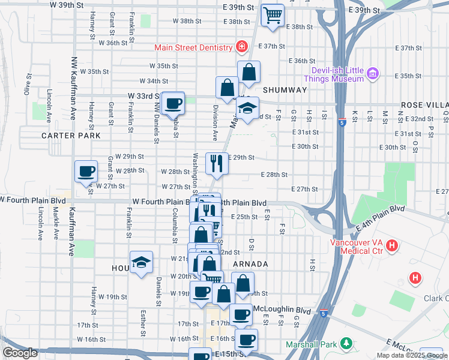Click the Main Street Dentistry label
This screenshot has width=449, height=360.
[x=193, y=47]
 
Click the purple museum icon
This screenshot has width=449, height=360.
[x=373, y=74]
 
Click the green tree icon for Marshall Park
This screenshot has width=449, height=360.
[x=346, y=343]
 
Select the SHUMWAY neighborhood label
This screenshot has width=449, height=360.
[x=284, y=90]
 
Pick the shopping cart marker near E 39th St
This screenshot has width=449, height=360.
[x=273, y=14]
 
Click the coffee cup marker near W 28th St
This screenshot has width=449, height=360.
[x=85, y=172]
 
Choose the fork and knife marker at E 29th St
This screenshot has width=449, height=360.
[x=216, y=163]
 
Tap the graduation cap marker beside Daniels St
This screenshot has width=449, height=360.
[x=141, y=262]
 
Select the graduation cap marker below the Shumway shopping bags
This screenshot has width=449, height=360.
[x=247, y=109]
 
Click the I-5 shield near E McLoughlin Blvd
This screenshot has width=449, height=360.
[x=324, y=313]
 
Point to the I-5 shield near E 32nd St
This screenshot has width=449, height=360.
[x=341, y=122]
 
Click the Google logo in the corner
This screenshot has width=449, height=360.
[x=20, y=353]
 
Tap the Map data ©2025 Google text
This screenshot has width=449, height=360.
[x=411, y=355]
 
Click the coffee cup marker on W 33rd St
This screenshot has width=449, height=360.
[x=173, y=103]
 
